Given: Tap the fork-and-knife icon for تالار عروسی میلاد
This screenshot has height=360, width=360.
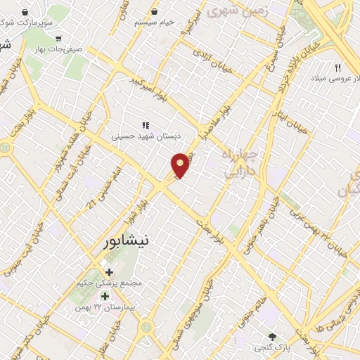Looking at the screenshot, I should [338, 67].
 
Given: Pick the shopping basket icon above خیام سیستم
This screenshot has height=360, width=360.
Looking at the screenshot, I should [174, 12].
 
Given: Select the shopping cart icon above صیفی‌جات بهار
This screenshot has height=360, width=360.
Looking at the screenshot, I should [58, 38].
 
